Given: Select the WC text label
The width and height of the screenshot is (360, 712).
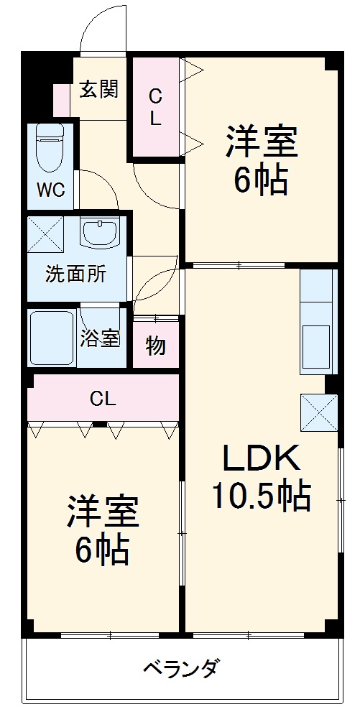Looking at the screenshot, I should coord(50,190).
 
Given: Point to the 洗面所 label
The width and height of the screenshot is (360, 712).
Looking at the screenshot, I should coord(75,274).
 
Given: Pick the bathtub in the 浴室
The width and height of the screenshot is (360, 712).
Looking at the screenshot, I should coord(52,336).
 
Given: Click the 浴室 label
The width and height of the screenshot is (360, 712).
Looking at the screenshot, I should coord(100,338).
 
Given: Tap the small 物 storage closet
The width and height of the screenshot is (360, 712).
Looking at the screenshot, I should coord(155,346).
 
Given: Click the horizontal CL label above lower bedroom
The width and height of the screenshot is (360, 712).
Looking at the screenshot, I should coord(103,398).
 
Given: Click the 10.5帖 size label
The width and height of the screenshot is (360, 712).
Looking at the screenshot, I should coord(260,496).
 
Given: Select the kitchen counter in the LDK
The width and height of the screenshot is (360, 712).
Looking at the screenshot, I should coord(318,321).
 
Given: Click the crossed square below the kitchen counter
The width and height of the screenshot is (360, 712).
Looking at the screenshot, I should coord(318,412).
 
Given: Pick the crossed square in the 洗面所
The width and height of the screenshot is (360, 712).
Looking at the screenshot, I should coord(45,234).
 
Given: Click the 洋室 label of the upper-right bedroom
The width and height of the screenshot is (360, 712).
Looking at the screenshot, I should coord(262,142).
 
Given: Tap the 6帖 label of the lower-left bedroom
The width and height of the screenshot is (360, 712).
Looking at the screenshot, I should coord(103,550).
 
